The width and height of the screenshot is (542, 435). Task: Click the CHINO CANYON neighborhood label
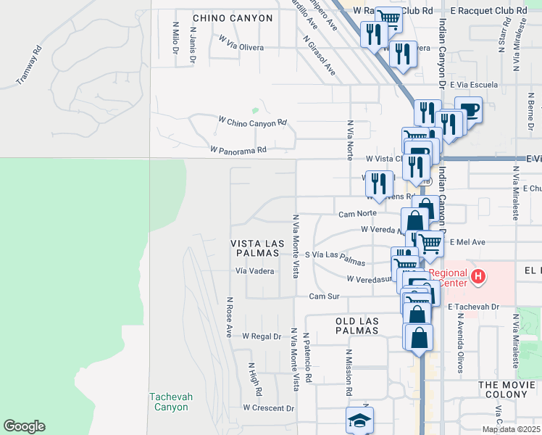233,18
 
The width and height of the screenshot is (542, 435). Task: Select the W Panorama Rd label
238,150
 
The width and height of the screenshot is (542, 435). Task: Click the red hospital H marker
478,276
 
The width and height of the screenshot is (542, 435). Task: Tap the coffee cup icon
469,109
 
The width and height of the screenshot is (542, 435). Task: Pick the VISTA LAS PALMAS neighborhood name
255,248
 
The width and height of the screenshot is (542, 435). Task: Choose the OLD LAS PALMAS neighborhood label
357,325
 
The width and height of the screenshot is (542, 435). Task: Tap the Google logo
24,426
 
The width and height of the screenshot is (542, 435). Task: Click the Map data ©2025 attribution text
511,430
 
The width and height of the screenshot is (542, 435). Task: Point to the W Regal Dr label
261,336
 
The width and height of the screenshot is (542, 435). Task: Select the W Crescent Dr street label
268,408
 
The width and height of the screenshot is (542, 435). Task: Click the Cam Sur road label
324,297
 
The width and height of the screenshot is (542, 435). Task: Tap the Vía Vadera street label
254,271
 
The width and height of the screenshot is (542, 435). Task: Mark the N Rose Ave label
229,318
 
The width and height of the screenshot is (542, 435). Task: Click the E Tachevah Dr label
474,307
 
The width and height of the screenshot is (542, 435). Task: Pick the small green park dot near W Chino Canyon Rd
254,111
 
